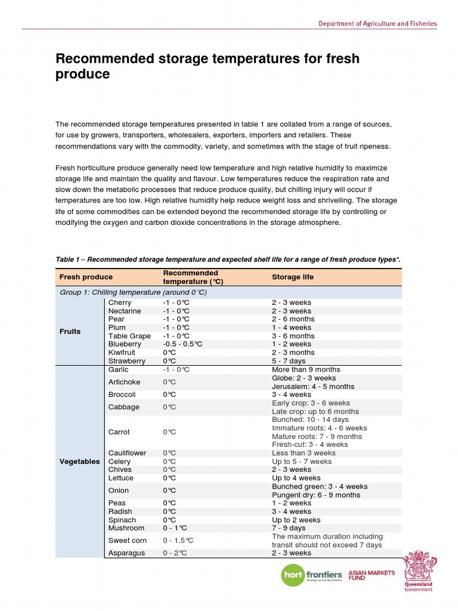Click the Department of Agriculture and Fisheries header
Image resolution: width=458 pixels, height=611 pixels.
(377, 24)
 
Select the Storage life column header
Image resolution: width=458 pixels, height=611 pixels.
(292, 277)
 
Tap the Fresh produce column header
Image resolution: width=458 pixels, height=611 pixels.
(86, 277)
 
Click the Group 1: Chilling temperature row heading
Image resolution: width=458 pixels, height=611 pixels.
(133, 292)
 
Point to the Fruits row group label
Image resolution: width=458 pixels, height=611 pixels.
(70, 331)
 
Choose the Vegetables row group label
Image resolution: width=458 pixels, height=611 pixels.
(79, 461)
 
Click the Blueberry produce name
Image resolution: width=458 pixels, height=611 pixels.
(125, 344)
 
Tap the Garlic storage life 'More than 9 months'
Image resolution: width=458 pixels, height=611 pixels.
(306, 369)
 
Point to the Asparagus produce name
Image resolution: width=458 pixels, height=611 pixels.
(126, 553)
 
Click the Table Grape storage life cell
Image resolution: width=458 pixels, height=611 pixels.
(293, 336)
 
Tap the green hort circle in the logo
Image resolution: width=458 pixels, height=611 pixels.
(293, 576)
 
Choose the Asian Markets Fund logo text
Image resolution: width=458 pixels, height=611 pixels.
(371, 575)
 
